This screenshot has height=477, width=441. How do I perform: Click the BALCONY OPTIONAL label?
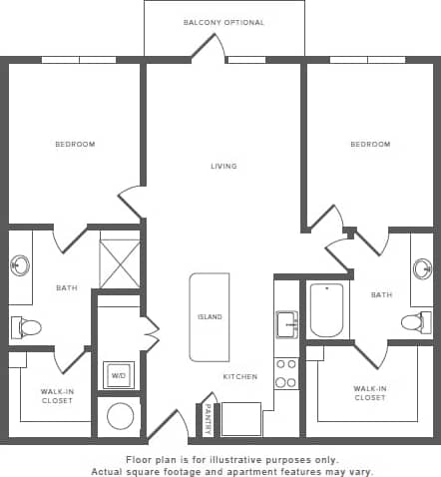[x=223, y=22]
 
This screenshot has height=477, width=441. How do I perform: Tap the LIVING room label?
[x=223, y=166]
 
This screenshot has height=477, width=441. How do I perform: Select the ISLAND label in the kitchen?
[x=210, y=317]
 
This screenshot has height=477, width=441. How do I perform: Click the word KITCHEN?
[x=240, y=377]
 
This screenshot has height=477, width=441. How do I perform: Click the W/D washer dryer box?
[x=119, y=376]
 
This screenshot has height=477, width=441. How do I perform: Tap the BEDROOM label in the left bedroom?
[x=75, y=145]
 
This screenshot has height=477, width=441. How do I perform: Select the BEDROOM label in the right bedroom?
[x=370, y=145]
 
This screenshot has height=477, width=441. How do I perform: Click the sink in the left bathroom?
[x=19, y=266]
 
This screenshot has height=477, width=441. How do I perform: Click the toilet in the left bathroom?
[x=27, y=326]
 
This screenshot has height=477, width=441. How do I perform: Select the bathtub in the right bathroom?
[x=326, y=310]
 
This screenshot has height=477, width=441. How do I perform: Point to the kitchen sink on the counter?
[x=287, y=323]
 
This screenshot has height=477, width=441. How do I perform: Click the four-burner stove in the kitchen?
[x=286, y=372]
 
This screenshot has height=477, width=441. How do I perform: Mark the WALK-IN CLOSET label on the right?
[x=370, y=392]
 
